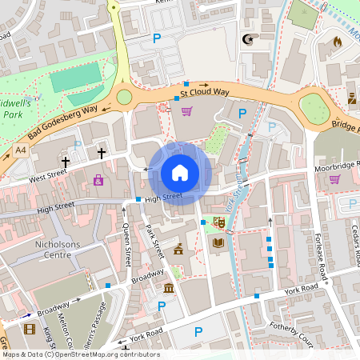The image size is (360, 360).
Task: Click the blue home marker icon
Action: (x=180, y=172)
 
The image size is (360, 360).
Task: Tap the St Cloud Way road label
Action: (x=204, y=92)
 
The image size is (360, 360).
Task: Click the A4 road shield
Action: (x=19, y=150)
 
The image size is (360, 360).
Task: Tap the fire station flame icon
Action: (x=337, y=40)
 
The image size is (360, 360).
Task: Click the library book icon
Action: (x=218, y=242)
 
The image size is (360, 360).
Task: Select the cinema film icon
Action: (x=30, y=329)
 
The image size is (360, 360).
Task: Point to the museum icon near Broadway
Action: (x=169, y=287)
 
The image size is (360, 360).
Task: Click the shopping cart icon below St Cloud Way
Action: (x=187, y=111)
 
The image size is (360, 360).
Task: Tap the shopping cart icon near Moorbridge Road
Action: (x=334, y=178)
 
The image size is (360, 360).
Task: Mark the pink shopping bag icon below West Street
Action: (x=98, y=181)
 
